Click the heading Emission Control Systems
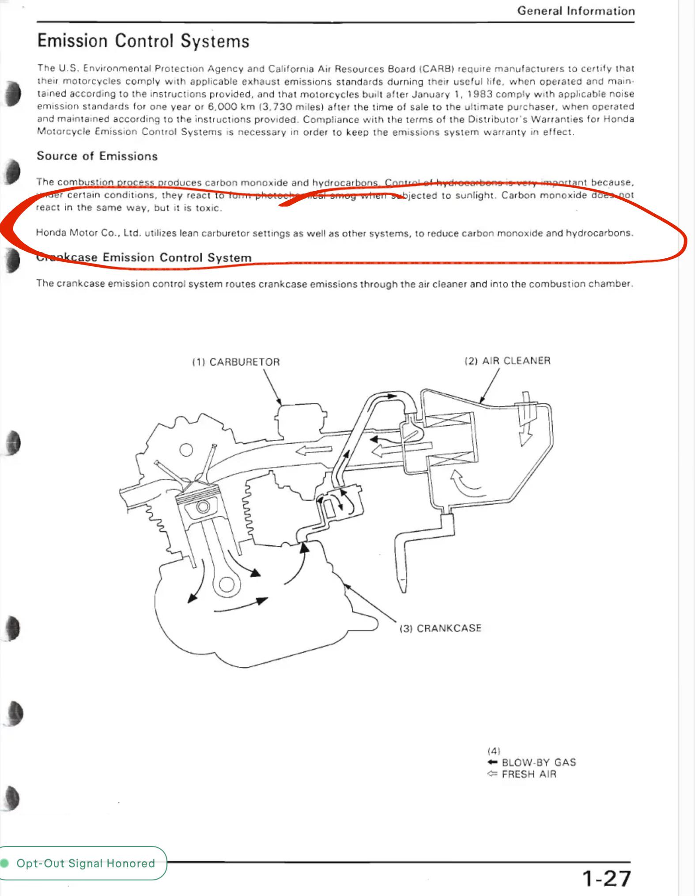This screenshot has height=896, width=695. pyautogui.click(x=143, y=41)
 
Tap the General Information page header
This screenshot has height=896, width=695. pyautogui.click(x=576, y=11)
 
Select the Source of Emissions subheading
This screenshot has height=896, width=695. pyautogui.click(x=97, y=156)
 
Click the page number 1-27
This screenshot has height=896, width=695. pyautogui.click(x=607, y=878)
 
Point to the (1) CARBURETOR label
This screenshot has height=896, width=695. pyautogui.click(x=236, y=362)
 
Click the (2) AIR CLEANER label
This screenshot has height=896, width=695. pyautogui.click(x=507, y=361)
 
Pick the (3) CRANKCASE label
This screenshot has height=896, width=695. pyautogui.click(x=440, y=628)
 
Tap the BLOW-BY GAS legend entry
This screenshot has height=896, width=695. pyautogui.click(x=532, y=762)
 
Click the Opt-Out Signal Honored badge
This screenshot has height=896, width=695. pyautogui.click(x=83, y=863)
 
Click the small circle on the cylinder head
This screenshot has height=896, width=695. pyautogui.click(x=186, y=450)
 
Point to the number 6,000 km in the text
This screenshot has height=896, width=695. pyautogui.click(x=231, y=107)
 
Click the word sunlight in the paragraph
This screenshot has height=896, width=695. pyautogui.click(x=474, y=195)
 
